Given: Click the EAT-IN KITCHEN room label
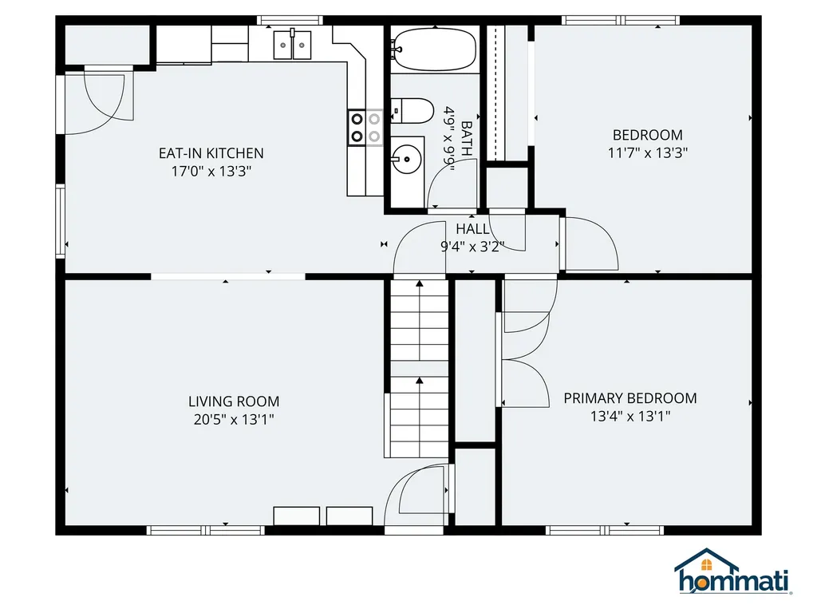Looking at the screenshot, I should (211, 153).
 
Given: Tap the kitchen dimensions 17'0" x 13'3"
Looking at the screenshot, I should (211, 171).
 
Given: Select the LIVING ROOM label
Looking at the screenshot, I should (234, 401).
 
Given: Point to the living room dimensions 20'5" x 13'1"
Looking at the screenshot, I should (234, 419).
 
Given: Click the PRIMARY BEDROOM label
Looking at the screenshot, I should (630, 397).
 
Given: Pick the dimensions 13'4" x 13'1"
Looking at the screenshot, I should (630, 415).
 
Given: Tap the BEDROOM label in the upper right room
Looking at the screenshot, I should (647, 135).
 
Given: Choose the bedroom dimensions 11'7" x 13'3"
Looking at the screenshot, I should (647, 152).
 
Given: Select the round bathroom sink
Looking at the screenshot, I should (407, 158).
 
